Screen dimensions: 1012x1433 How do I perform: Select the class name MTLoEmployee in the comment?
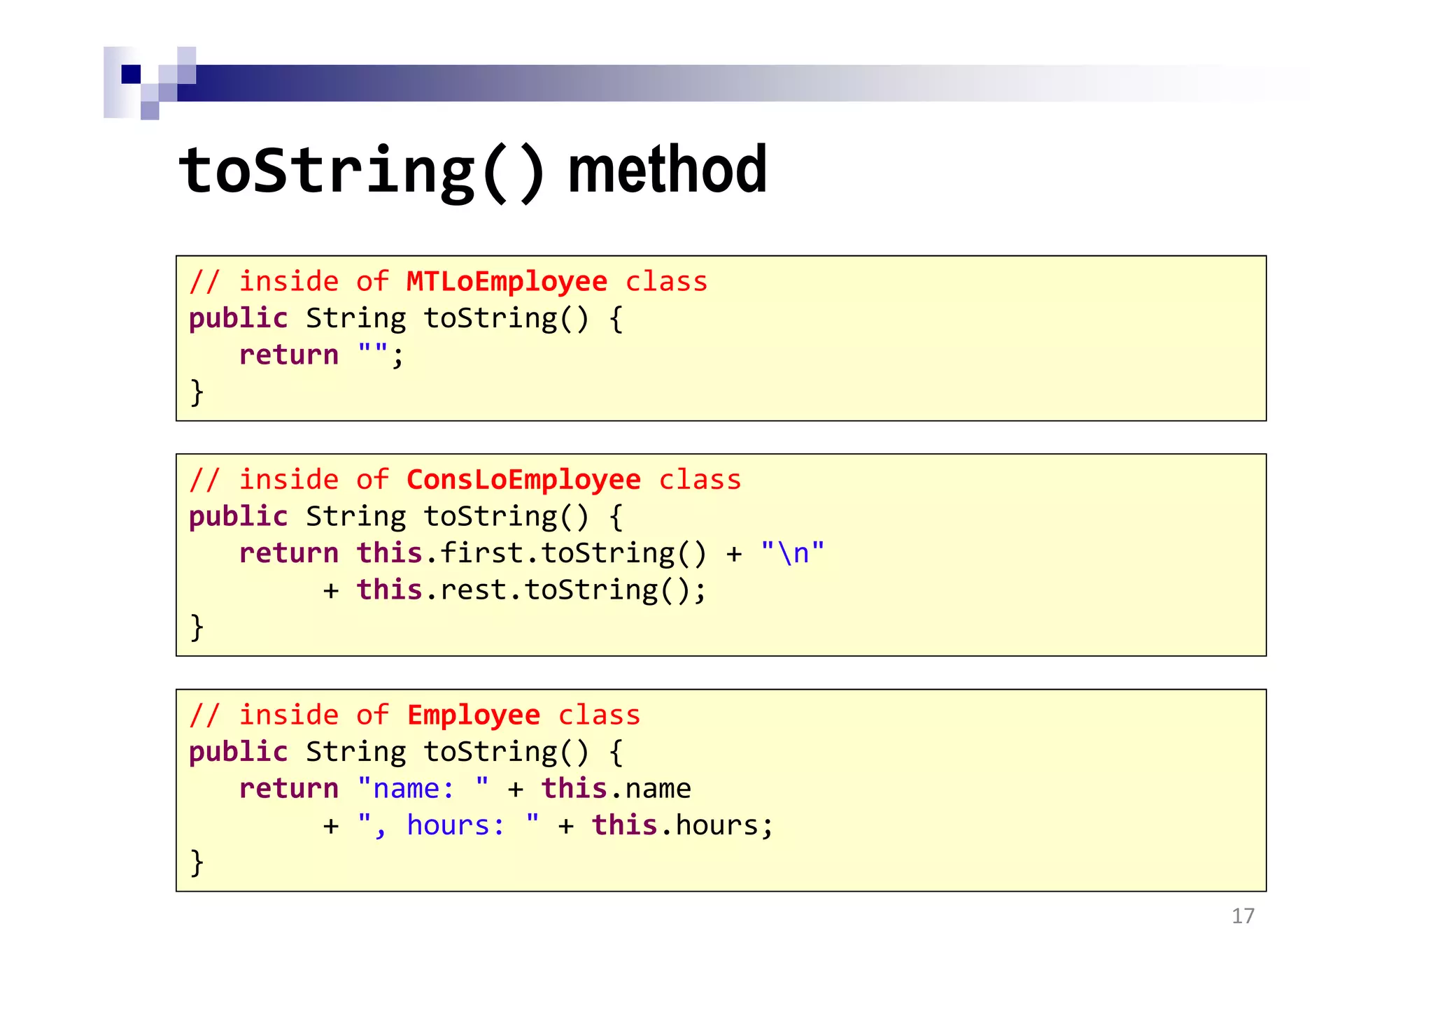(507, 282)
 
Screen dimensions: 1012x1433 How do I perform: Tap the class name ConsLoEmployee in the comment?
(523, 480)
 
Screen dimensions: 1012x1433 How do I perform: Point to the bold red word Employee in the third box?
(473, 715)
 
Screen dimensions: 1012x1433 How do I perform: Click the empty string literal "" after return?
(372, 354)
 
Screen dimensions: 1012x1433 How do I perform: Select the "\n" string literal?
(792, 553)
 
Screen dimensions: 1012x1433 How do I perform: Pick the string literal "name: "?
(423, 789)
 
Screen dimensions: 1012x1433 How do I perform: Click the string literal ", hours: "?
(448, 826)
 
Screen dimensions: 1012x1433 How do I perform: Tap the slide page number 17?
(1243, 916)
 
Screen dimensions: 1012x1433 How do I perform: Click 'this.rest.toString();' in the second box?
(531, 590)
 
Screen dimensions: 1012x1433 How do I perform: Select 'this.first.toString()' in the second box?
(531, 553)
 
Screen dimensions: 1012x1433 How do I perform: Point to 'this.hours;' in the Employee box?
(682, 826)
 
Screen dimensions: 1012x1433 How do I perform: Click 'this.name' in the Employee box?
(616, 789)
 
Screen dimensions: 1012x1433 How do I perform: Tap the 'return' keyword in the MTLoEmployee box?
(288, 355)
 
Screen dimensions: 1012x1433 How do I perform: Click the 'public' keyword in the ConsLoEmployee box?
(238, 517)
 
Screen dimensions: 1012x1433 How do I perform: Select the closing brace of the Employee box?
(197, 862)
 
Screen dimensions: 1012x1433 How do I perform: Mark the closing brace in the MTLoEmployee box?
(197, 392)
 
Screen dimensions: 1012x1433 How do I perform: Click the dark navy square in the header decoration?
(131, 74)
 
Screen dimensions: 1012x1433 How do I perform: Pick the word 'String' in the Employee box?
(355, 753)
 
